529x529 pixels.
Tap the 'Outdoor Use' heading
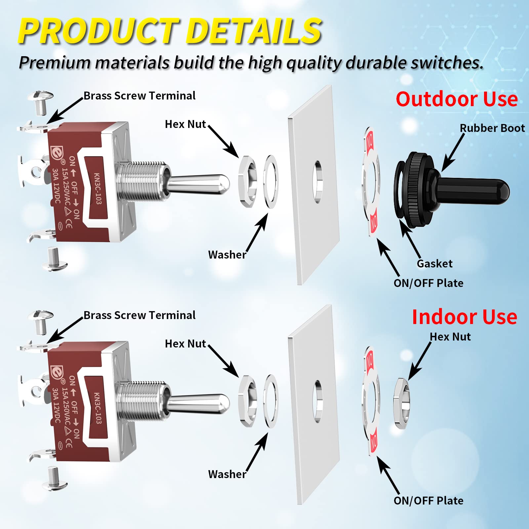coord(457,99)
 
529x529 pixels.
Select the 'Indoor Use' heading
coord(464,317)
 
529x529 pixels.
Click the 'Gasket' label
coord(434,264)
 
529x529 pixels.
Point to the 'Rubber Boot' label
coord(492,128)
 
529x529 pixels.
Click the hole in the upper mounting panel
coord(318,182)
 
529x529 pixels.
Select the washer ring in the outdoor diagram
coord(271,182)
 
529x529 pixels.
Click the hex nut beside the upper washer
coord(248,182)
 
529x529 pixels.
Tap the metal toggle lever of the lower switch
coord(198,404)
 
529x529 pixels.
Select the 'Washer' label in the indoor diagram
coord(227,474)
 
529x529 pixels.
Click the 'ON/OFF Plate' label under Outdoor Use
coord(428,283)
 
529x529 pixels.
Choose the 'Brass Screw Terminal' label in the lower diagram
coord(139,315)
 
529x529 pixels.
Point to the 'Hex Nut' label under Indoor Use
coord(450,337)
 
